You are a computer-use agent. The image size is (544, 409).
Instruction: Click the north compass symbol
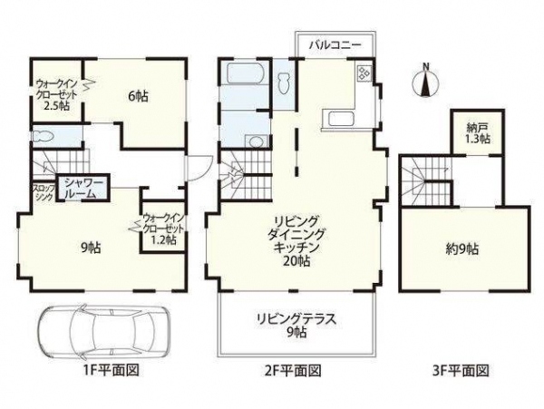coord(426,82)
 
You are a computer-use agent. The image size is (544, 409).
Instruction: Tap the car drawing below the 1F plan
coord(104,332)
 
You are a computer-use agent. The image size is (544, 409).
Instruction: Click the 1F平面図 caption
coord(111,371)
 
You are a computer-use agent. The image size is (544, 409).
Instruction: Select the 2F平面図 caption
coord(293,371)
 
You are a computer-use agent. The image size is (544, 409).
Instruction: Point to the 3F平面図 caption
coord(461,371)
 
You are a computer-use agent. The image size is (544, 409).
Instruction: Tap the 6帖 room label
coord(138,96)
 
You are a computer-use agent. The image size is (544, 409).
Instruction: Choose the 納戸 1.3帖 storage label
coord(478,133)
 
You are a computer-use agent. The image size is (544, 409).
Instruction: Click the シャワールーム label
coord(83,189)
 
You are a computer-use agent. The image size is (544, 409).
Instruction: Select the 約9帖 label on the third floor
coord(461,249)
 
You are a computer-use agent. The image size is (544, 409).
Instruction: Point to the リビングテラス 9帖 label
coord(296,325)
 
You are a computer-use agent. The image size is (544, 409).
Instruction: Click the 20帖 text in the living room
coord(296,261)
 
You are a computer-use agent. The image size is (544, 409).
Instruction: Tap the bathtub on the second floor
coord(244,73)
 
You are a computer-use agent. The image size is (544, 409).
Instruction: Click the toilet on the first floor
coord(44,136)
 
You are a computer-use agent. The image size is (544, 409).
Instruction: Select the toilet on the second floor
coord(284,83)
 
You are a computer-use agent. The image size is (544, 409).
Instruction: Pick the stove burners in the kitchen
coord(364,73)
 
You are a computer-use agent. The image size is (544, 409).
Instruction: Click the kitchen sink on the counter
coord(340,118)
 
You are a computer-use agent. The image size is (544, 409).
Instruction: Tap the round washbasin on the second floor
coord(257,142)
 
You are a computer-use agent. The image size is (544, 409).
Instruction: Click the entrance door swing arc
coord(204,171)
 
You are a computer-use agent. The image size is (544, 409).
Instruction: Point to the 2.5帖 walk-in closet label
coord(56,106)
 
